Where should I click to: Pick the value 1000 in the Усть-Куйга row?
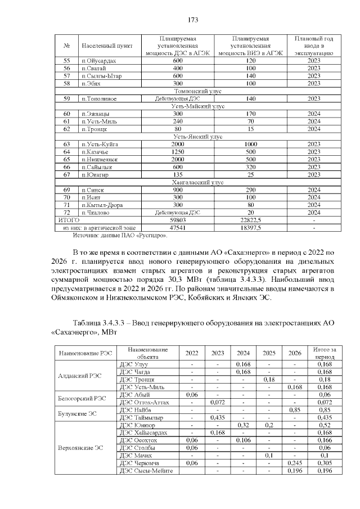click(x=251, y=145)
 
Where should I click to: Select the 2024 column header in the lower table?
click(x=243, y=353)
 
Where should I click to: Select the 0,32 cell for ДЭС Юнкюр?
click(x=243, y=426)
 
